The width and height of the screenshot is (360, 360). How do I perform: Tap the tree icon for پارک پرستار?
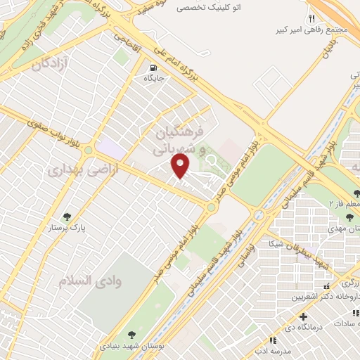pyautogui.click(x=67, y=217)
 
